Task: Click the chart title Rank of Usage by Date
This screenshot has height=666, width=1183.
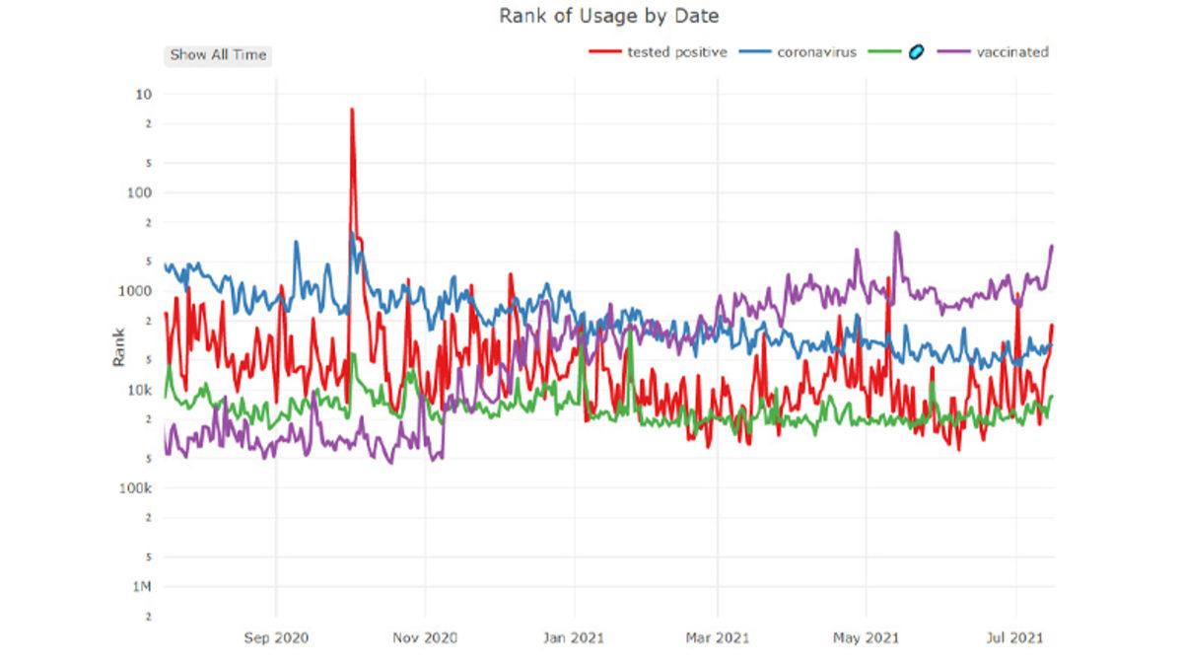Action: click(608, 16)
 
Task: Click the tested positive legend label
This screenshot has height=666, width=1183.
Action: click(676, 52)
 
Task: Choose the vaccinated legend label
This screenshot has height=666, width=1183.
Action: click(1011, 52)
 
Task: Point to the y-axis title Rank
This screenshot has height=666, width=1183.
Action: click(119, 347)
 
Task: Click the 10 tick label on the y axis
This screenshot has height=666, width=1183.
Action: click(144, 95)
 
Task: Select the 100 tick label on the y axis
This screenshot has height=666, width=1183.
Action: click(140, 193)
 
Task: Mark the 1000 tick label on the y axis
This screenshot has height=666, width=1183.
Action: click(136, 291)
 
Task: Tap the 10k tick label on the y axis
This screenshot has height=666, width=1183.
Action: click(140, 390)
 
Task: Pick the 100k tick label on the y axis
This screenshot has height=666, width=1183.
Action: click(136, 488)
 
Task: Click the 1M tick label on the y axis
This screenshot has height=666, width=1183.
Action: click(142, 587)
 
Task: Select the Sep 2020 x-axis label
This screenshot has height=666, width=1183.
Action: click(276, 638)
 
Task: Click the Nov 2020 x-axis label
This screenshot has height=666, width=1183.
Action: click(425, 638)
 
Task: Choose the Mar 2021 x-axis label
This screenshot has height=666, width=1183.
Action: click(718, 638)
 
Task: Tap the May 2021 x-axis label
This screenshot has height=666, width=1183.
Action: click(866, 638)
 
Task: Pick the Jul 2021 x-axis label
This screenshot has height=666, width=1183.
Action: click(1015, 638)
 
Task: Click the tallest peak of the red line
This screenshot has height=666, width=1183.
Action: click(351, 110)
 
